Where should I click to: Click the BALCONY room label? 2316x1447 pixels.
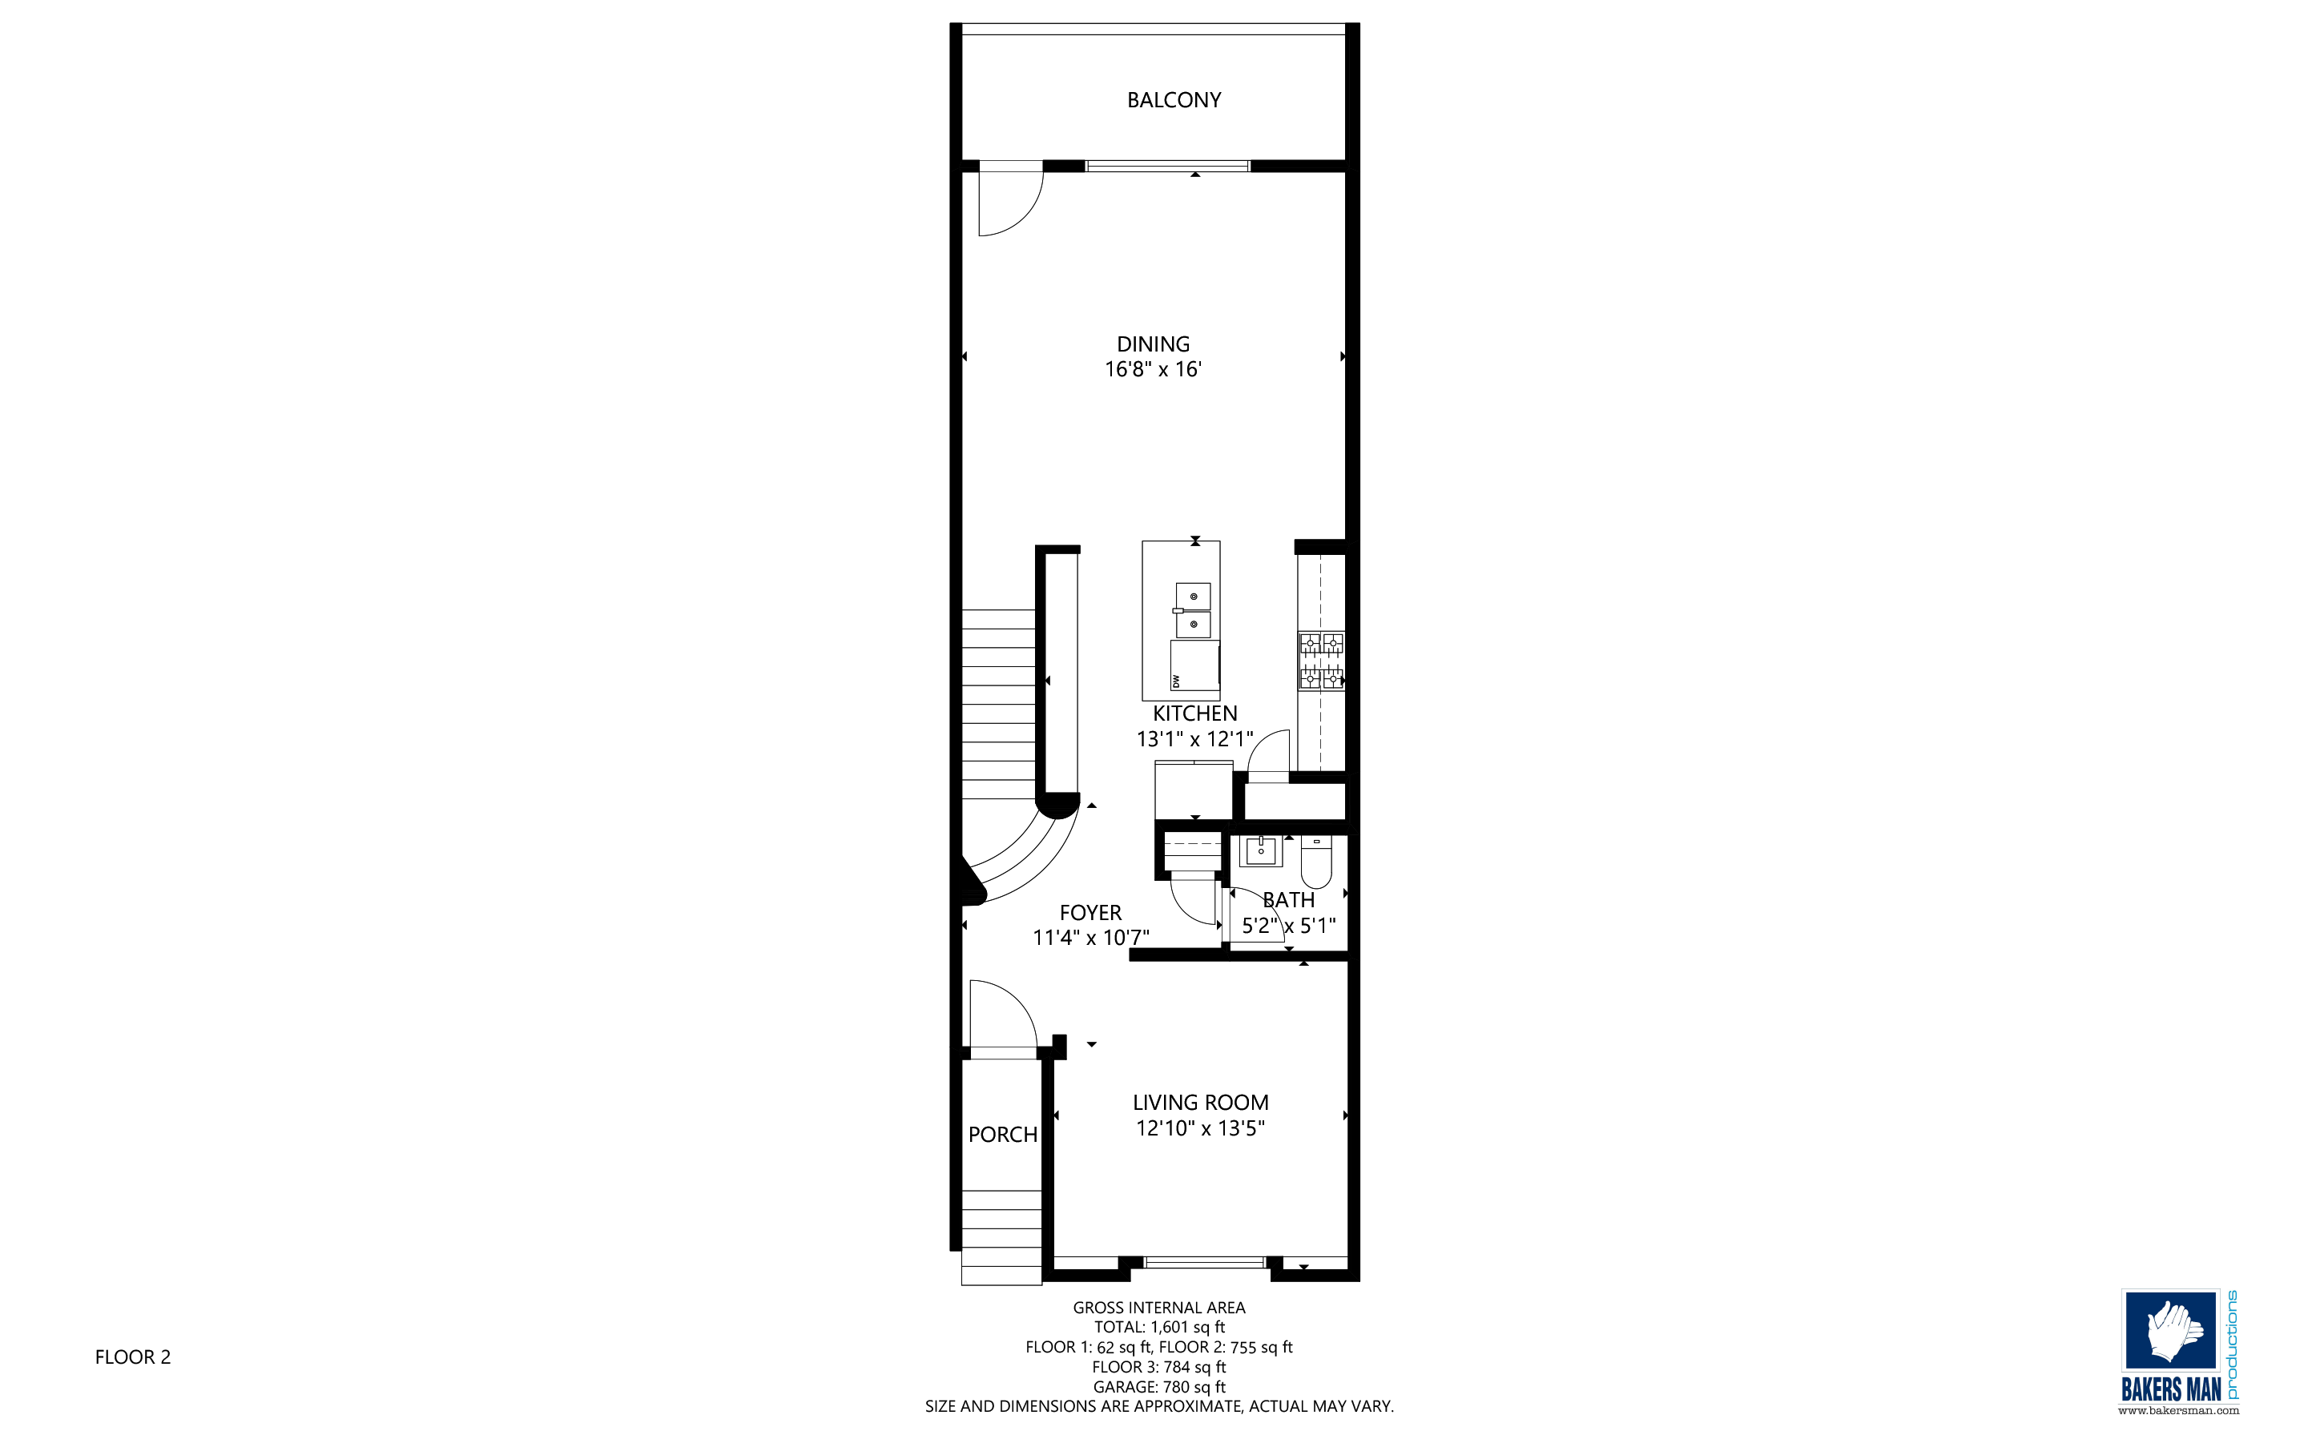pyautogui.click(x=1174, y=100)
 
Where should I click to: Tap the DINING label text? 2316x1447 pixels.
pyautogui.click(x=1153, y=344)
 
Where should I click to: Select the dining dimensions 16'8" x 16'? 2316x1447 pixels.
pyautogui.click(x=1153, y=369)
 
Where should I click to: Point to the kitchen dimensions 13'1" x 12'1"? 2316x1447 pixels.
pyautogui.click(x=1195, y=739)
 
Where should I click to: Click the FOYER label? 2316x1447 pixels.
pyautogui.click(x=1090, y=913)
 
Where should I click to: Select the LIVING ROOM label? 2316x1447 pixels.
pyautogui.click(x=1201, y=1103)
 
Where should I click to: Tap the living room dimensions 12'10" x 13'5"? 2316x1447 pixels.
pyautogui.click(x=1201, y=1128)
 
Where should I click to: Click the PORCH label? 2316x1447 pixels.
pyautogui.click(x=1002, y=1135)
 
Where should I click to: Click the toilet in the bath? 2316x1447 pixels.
pyautogui.click(x=1316, y=862)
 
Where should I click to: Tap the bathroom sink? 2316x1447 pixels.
pyautogui.click(x=1261, y=850)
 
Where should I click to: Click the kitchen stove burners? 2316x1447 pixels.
pyautogui.click(x=1321, y=661)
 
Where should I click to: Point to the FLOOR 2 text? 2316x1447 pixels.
pyautogui.click(x=133, y=1357)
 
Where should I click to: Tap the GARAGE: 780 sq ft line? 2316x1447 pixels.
pyautogui.click(x=1159, y=1387)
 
